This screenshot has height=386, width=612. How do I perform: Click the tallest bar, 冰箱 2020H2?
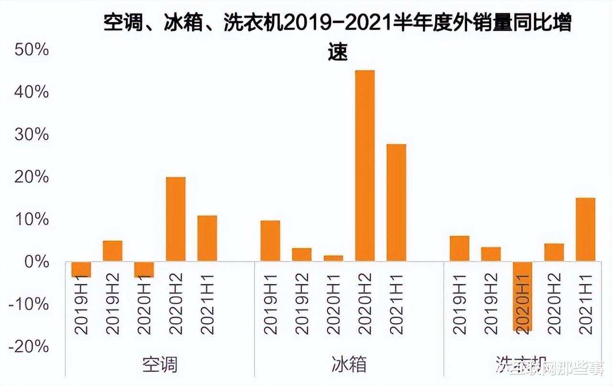coord(365,166)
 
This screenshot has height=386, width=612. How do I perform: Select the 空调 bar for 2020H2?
coord(176,219)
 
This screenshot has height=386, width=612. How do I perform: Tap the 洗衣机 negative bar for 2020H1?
coord(523,296)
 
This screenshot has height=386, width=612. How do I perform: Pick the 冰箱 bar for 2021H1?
coord(396,203)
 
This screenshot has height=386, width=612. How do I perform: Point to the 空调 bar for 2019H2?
coord(113,251)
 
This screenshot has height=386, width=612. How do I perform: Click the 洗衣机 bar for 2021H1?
coord(586,229)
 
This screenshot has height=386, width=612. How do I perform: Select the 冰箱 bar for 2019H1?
coord(270,241)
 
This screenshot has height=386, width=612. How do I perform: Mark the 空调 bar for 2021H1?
coord(207,238)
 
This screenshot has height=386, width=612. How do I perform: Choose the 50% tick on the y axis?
coord(32,49)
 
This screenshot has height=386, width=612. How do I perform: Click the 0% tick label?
coord(35,262)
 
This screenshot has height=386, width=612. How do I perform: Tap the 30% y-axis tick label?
coord(32,135)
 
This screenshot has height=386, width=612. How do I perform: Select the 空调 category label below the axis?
coord(160,364)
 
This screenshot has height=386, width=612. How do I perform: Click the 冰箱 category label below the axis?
coord(349,364)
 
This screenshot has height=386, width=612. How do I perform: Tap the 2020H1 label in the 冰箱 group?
coord(334,305)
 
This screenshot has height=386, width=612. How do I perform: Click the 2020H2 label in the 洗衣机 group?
coord(555,305)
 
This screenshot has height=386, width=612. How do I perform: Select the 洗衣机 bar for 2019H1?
coord(459,249)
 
